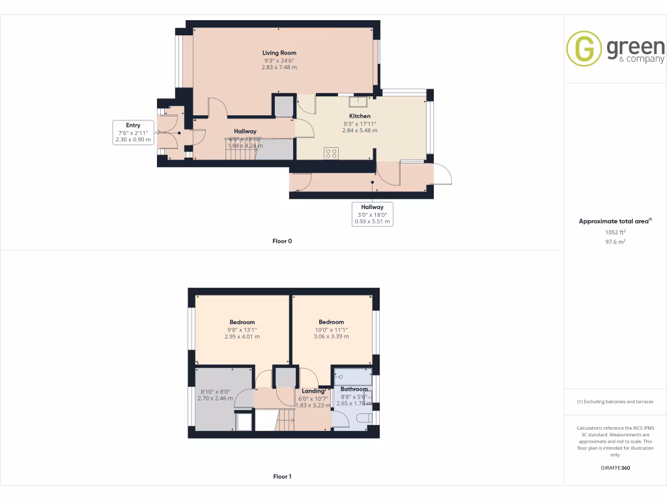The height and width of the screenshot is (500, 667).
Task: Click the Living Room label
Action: pyautogui.click(x=279, y=53)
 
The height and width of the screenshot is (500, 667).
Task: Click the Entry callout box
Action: pyautogui.click(x=133, y=132)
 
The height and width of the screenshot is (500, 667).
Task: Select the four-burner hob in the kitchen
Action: pyautogui.click(x=332, y=154)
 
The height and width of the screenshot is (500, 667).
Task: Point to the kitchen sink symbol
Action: pyautogui.click(x=359, y=101)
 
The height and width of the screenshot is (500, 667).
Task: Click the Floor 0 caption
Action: pyautogui.click(x=282, y=241)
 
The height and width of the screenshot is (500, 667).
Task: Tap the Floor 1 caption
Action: pyautogui.click(x=282, y=477)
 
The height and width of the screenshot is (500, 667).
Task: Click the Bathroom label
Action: pyautogui.click(x=354, y=389)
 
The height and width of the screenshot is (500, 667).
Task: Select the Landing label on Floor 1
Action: pyautogui.click(x=313, y=391)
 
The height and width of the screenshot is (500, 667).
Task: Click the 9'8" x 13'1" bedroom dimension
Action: pyautogui.click(x=242, y=329)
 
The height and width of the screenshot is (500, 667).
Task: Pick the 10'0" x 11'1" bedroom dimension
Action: pyautogui.click(x=331, y=329)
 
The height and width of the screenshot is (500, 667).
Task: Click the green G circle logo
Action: pyautogui.click(x=584, y=48)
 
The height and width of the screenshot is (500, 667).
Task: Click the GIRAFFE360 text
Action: pyautogui.click(x=616, y=467)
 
